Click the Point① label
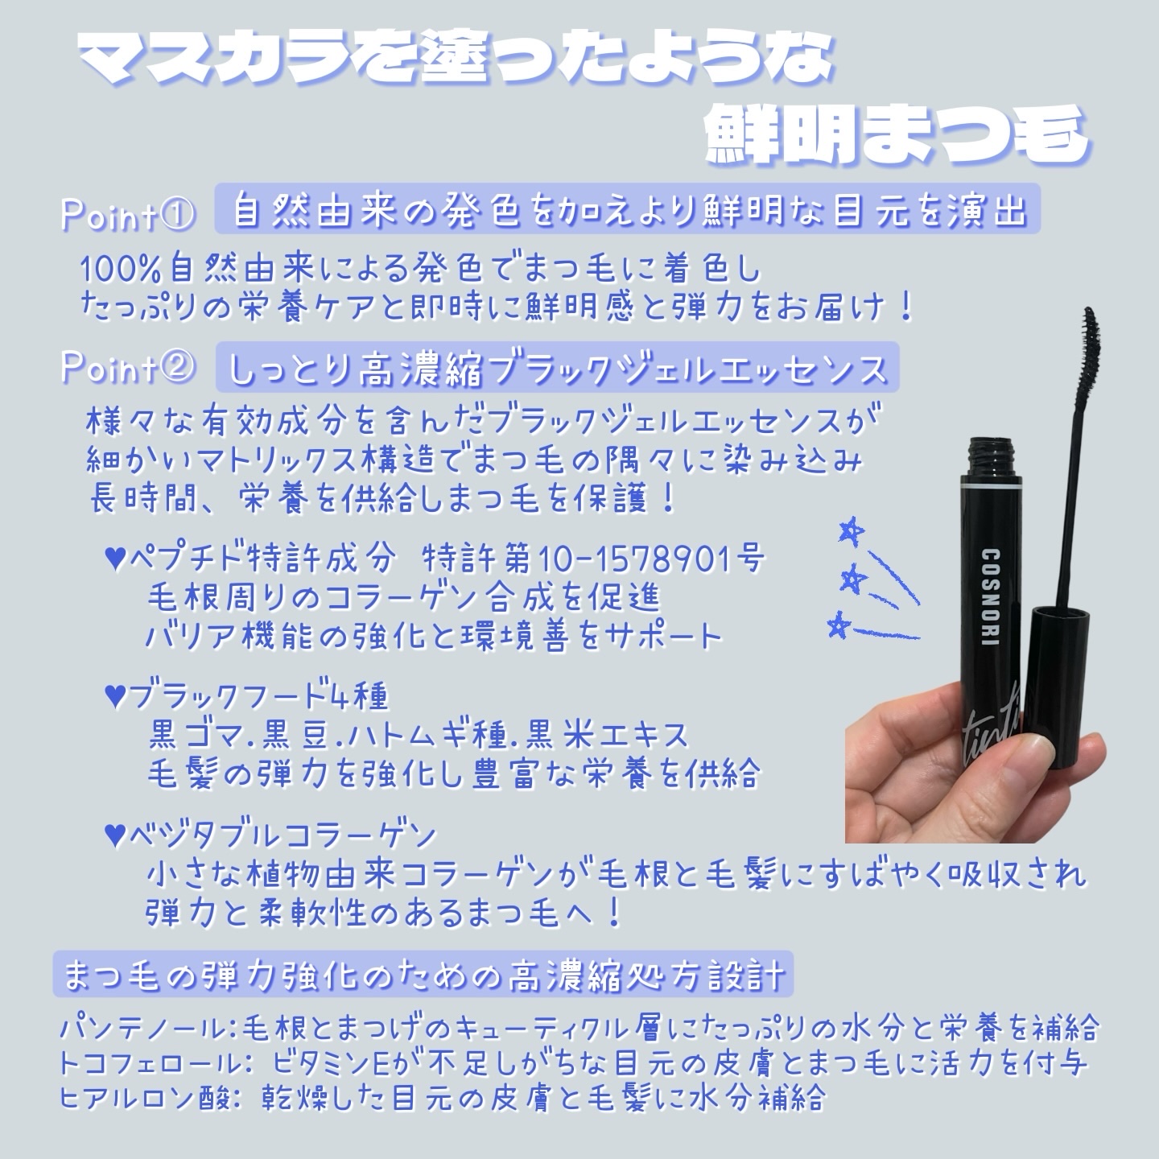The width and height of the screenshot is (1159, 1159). [x=127, y=215]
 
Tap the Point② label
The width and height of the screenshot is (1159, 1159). [x=127, y=369]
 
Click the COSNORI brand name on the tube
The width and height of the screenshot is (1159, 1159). [x=990, y=596]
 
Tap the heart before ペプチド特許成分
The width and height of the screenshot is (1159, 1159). [x=115, y=557]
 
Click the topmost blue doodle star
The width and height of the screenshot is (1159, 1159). [x=848, y=530]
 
